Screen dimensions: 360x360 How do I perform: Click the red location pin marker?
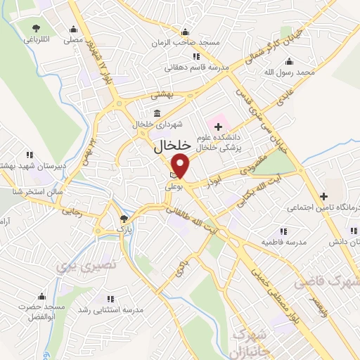181,166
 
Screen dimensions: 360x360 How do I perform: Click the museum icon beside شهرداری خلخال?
156,113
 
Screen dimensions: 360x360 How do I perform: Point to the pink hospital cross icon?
218,126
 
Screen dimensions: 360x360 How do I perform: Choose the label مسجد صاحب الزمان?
184,43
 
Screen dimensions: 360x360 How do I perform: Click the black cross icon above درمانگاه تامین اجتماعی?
323,196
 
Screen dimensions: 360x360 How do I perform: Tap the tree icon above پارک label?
124,219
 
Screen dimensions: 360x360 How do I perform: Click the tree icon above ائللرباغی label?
36,28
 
